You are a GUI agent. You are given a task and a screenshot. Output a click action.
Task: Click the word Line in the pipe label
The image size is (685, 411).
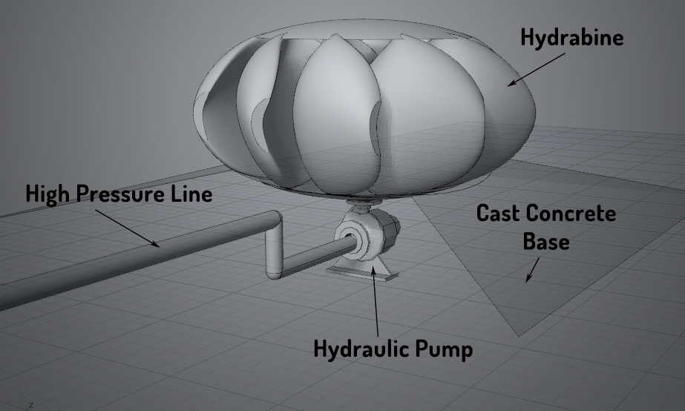pyautogui.click(x=195, y=195)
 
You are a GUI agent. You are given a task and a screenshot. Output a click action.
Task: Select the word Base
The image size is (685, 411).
pyautogui.click(x=546, y=241)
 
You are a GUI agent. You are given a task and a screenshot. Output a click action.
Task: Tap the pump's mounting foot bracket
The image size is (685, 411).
pyautogui.click(x=363, y=271)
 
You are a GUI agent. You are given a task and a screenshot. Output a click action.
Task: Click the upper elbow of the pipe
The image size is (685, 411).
pyautogui.click(x=272, y=220)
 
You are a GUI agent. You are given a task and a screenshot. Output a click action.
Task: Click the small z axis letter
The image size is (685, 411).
pyautogui.click(x=30, y=405)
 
